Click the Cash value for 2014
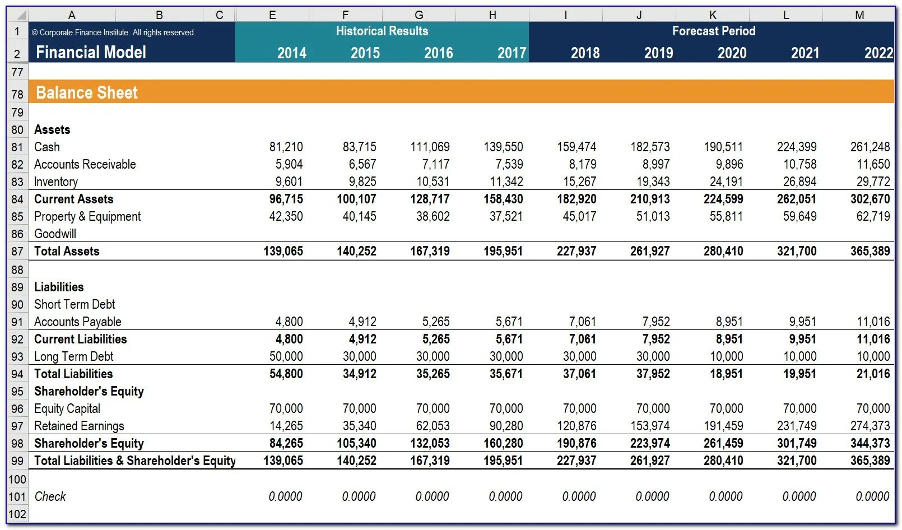point(286,147)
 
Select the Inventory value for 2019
point(653,182)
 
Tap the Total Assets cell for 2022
point(870,251)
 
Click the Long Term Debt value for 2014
point(286,356)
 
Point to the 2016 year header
point(438,53)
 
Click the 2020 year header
point(732,53)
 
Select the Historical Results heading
point(382,31)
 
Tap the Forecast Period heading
point(714,31)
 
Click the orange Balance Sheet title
point(87,92)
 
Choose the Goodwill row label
point(55,234)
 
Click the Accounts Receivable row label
point(85,164)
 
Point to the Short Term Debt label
point(75,304)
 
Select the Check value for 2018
point(579,496)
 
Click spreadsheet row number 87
point(17,252)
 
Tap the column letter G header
point(419,15)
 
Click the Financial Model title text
point(91,53)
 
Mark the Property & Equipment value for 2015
point(359,216)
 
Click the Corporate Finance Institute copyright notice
point(114,32)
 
